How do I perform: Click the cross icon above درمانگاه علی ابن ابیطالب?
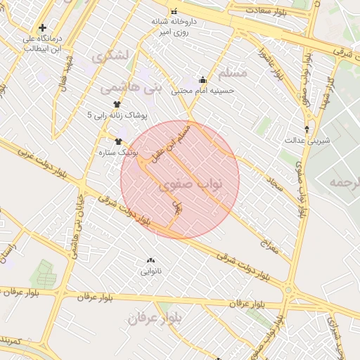coord(43,28)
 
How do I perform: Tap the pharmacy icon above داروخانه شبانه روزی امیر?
coord(173,11)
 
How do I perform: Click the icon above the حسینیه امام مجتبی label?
coord(203,79)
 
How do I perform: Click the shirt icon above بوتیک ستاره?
coord(117,141)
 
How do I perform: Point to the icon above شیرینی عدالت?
coord(307,129)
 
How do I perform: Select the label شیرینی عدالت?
coord(307,140)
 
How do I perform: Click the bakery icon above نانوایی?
coord(151,261)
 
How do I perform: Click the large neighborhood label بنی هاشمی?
coord(131,88)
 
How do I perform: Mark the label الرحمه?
coord(335,183)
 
